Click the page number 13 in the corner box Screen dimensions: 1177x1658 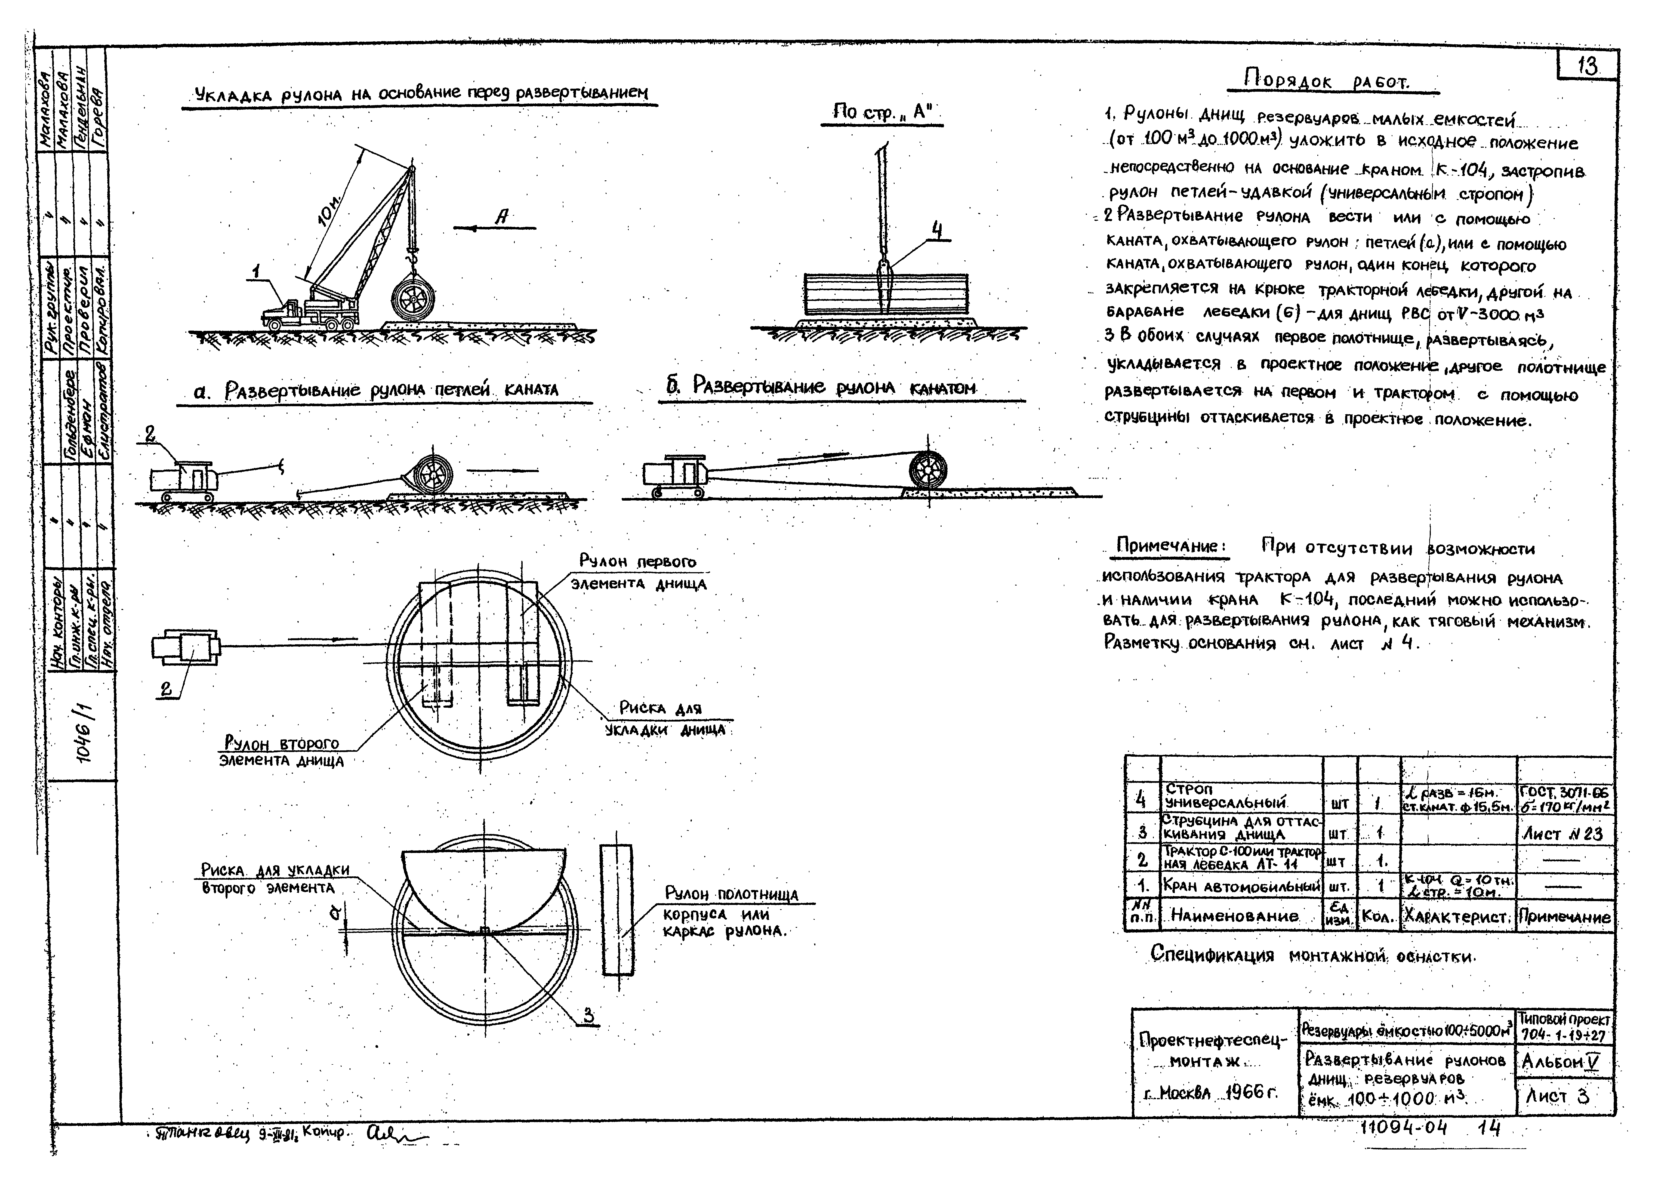(x=1587, y=67)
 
